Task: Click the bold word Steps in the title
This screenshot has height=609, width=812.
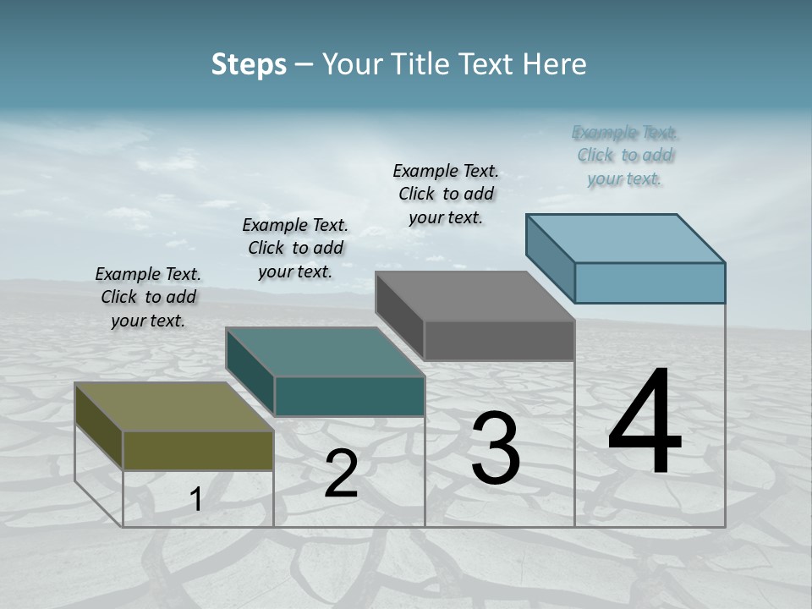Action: point(249,64)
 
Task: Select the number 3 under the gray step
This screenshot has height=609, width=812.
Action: point(496,448)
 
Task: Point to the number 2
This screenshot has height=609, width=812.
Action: point(341,474)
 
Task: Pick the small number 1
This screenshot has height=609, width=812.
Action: point(195,499)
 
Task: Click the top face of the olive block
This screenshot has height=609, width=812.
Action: point(173,407)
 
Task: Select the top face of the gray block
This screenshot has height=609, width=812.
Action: point(475,296)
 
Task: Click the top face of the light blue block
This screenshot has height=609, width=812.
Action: point(625,239)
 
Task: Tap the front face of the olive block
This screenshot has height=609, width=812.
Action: point(198,450)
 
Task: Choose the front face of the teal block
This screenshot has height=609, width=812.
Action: point(349,396)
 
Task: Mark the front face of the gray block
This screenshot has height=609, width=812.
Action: point(499,340)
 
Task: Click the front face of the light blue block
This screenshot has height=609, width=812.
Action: point(650,283)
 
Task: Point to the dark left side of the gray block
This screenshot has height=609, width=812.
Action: point(399,316)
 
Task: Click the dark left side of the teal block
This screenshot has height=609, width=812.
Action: point(250,372)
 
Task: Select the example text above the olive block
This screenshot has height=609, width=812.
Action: point(148,297)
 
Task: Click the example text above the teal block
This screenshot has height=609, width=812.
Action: point(295,248)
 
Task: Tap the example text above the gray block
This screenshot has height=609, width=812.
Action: point(446,194)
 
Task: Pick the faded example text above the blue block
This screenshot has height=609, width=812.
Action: point(626,155)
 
